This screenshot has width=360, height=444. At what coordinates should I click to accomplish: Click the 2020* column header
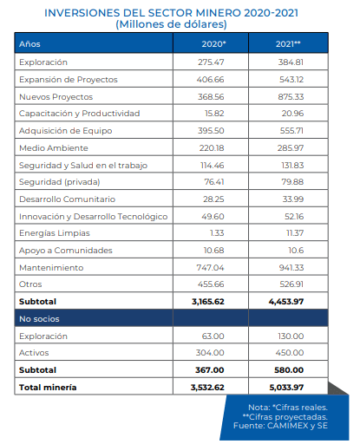[213, 44]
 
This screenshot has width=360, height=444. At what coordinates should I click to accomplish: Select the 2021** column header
[288, 44]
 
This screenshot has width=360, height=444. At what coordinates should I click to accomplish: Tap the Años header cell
[29, 44]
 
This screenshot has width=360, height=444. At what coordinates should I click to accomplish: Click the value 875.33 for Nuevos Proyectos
[291, 97]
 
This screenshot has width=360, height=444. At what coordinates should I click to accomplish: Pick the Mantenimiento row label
[51, 268]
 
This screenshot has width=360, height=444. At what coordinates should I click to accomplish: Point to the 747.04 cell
[210, 268]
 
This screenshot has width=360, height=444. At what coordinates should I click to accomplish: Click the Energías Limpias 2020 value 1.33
[217, 233]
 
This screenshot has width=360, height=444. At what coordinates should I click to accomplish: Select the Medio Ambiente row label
[54, 148]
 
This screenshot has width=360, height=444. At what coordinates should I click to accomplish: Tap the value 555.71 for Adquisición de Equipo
[291, 131]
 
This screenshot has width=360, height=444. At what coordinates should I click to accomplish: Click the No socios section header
[39, 319]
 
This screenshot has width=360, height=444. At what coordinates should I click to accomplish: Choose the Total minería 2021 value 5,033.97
[286, 388]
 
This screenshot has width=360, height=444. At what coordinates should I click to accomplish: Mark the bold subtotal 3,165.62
[208, 302]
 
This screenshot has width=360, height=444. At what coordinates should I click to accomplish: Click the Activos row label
[34, 353]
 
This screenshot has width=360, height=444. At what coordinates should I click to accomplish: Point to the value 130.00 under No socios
[291, 336]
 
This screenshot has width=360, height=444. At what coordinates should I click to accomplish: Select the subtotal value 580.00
[289, 370]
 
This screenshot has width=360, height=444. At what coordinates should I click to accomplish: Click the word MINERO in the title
[219, 13]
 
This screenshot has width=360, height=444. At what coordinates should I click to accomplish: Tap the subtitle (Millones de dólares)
[171, 24]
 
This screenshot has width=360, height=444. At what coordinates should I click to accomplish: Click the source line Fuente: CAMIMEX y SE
[280, 426]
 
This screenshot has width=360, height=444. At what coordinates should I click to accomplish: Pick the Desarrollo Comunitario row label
[67, 199]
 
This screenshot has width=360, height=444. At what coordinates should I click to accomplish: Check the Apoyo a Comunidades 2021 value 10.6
[296, 251]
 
